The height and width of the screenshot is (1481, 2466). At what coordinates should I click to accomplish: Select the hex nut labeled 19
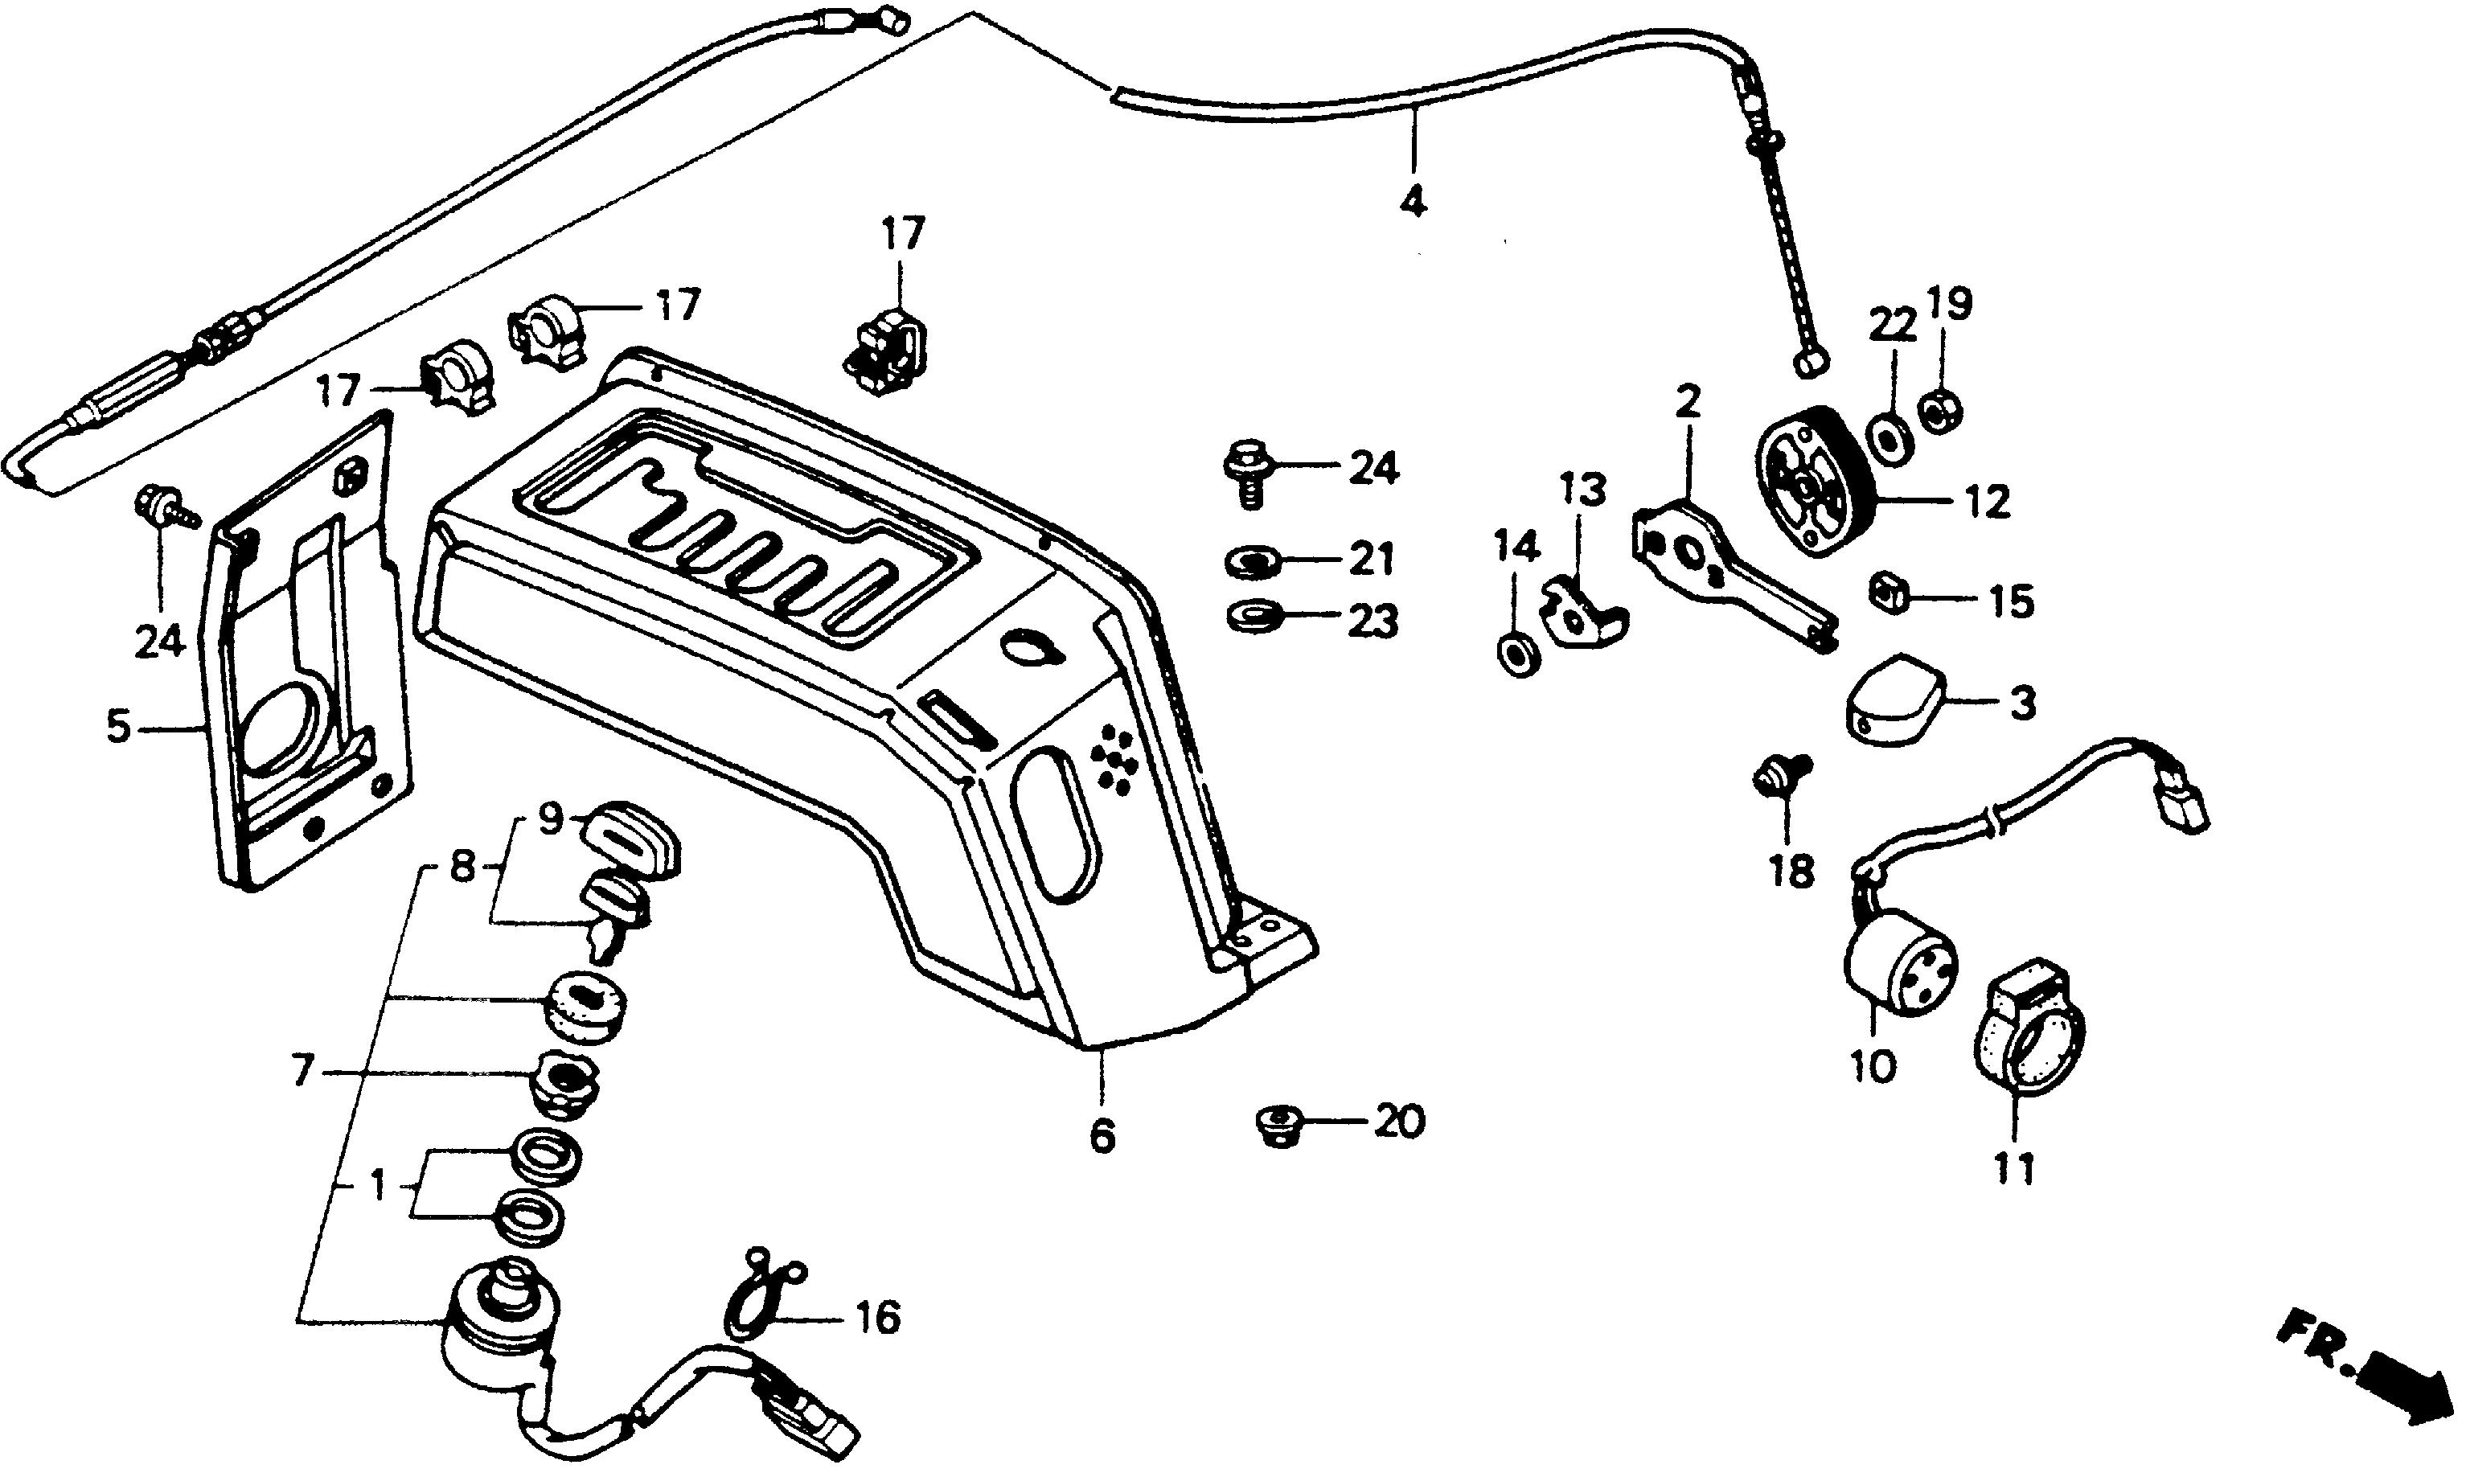tap(1941, 408)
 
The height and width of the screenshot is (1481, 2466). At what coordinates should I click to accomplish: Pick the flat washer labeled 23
tap(1251, 613)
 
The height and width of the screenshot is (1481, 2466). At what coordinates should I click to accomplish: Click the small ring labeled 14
tap(1518, 653)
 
